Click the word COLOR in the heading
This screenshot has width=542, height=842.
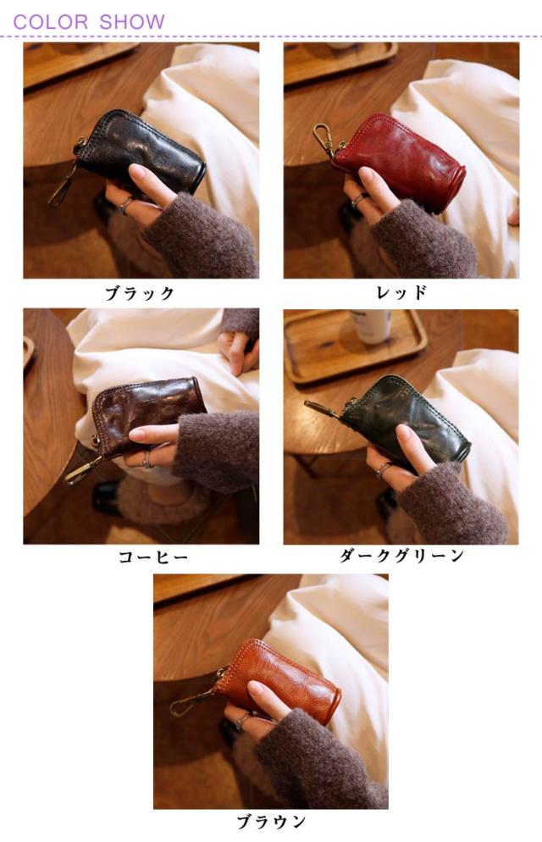click(51, 22)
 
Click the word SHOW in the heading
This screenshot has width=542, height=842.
click(132, 22)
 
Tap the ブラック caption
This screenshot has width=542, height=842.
click(140, 293)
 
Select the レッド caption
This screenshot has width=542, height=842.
click(401, 292)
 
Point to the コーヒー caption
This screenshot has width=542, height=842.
click(153, 557)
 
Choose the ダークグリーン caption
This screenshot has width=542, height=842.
click(401, 555)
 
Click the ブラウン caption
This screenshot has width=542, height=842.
click(271, 821)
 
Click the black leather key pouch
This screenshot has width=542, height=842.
click(141, 150)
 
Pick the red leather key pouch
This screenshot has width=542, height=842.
click(401, 159)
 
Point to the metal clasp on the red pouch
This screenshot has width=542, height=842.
click(324, 139)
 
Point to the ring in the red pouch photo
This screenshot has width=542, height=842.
click(357, 201)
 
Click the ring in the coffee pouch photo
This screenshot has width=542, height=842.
click(147, 460)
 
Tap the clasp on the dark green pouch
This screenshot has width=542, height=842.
click(323, 407)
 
